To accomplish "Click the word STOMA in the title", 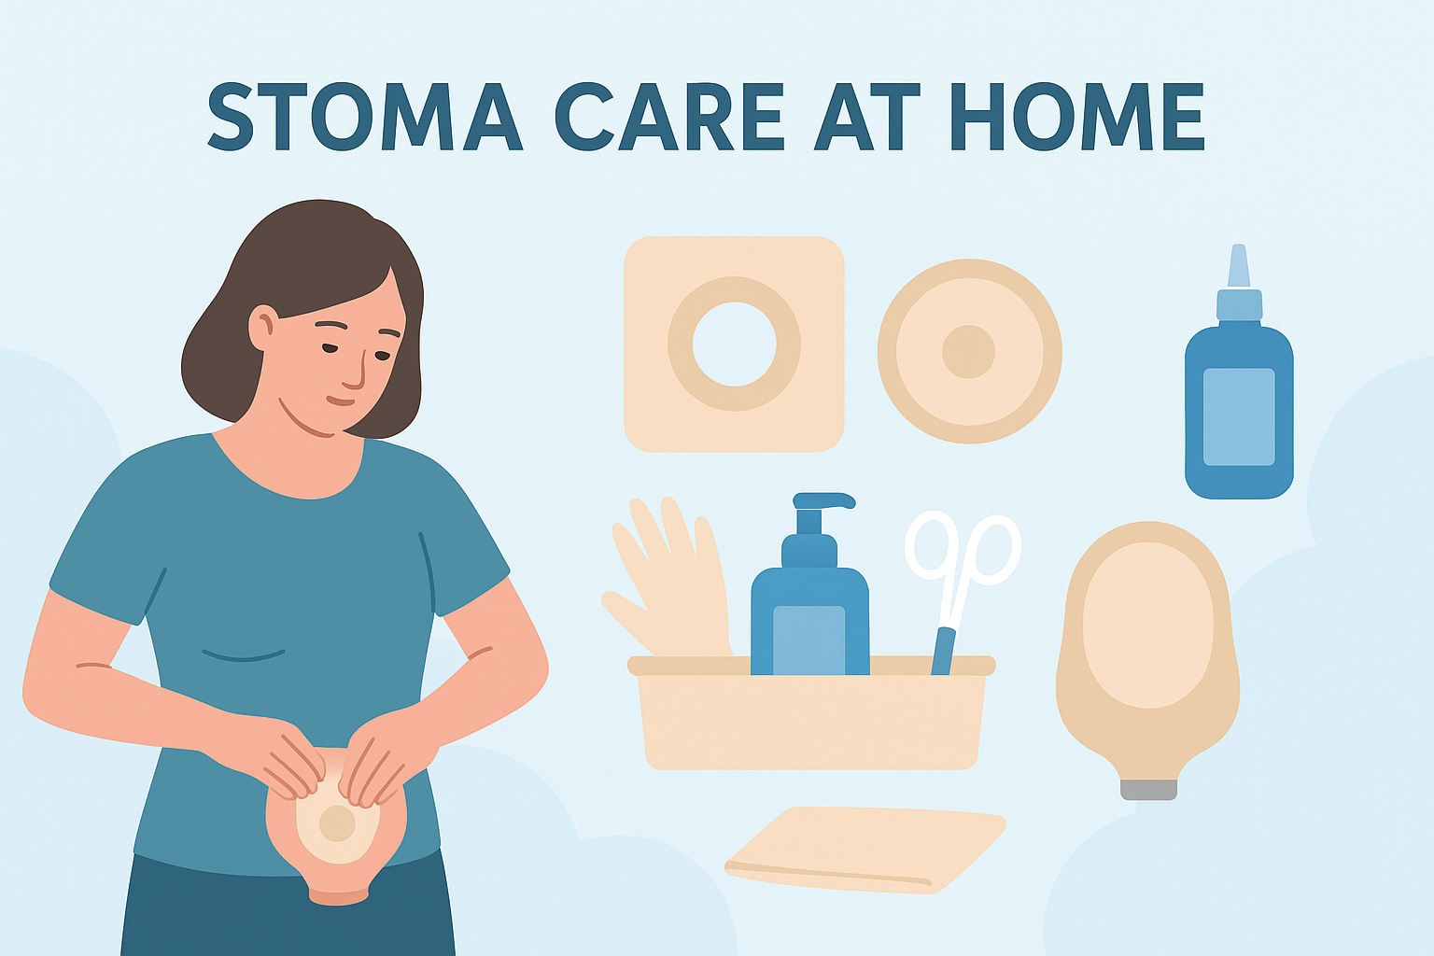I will (x=364, y=117).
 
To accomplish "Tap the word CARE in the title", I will (x=668, y=117).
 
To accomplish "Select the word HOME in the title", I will (x=1077, y=117).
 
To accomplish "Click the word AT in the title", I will (x=867, y=117).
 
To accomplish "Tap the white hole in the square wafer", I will (x=734, y=344).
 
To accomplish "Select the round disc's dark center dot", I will (x=968, y=352).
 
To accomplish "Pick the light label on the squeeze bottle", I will (x=1239, y=416).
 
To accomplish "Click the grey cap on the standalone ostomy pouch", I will (x=1148, y=789).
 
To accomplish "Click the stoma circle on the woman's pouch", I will (x=337, y=823).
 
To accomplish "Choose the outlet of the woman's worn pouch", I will (x=338, y=896).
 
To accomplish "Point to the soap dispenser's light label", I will (x=808, y=639).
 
